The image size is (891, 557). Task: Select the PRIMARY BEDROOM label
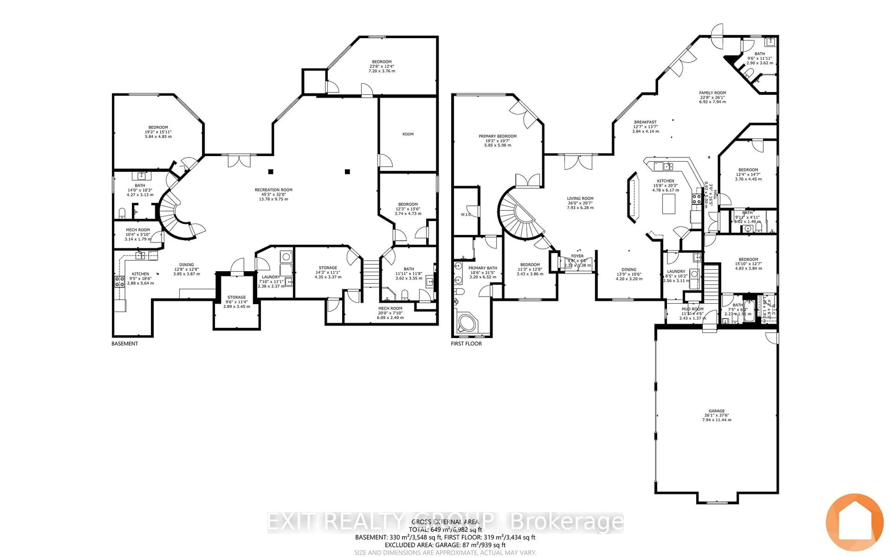tap(497, 136)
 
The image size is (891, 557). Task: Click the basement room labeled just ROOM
tap(408, 134)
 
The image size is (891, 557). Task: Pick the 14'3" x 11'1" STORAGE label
tap(328, 268)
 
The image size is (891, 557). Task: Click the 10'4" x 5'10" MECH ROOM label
tap(138, 230)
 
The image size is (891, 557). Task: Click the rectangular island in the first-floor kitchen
tap(669, 204)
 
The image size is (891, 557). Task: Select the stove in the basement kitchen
tap(120, 282)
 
